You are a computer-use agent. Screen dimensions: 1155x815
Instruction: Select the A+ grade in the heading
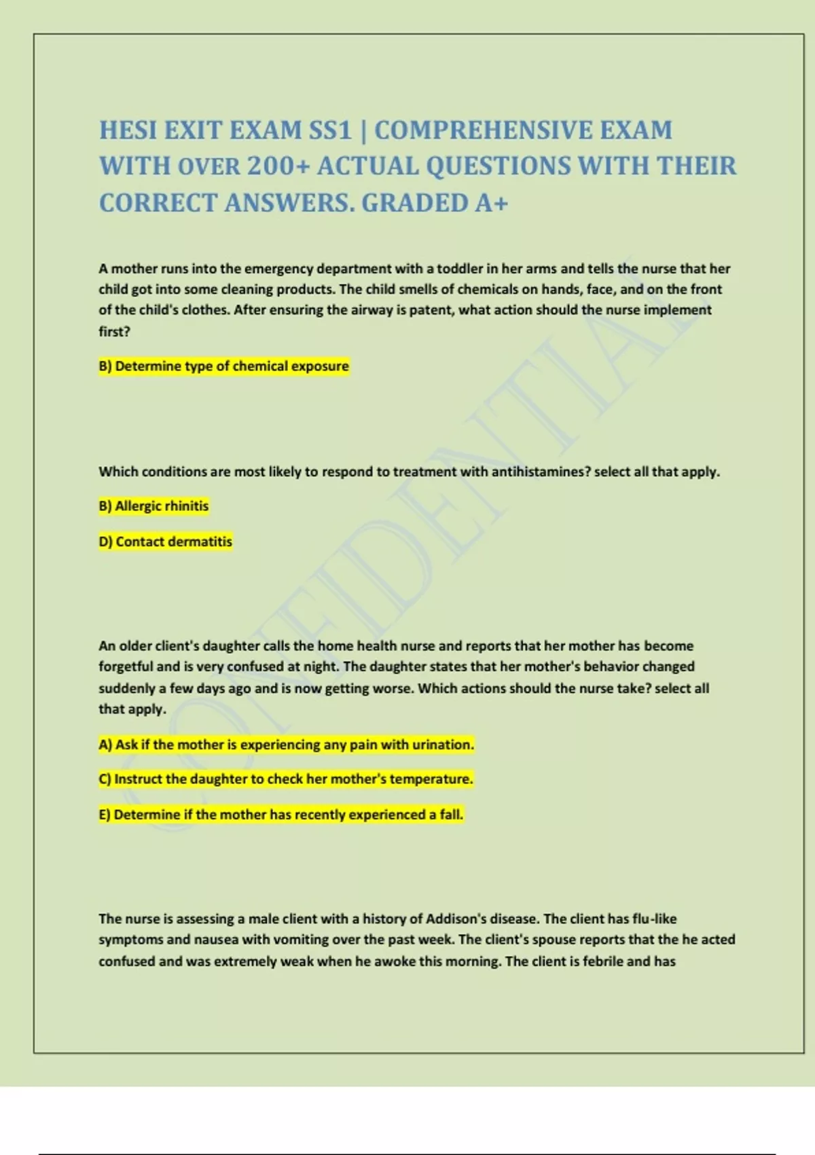(491, 203)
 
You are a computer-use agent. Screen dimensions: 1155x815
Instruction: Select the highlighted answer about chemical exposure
(223, 366)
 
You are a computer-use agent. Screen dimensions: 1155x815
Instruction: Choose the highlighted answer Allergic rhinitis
(154, 506)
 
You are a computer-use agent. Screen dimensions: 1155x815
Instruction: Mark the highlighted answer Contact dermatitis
(166, 541)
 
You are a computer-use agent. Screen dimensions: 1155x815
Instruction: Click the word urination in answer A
(442, 745)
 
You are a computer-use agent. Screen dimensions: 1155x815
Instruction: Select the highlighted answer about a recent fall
(280, 815)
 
